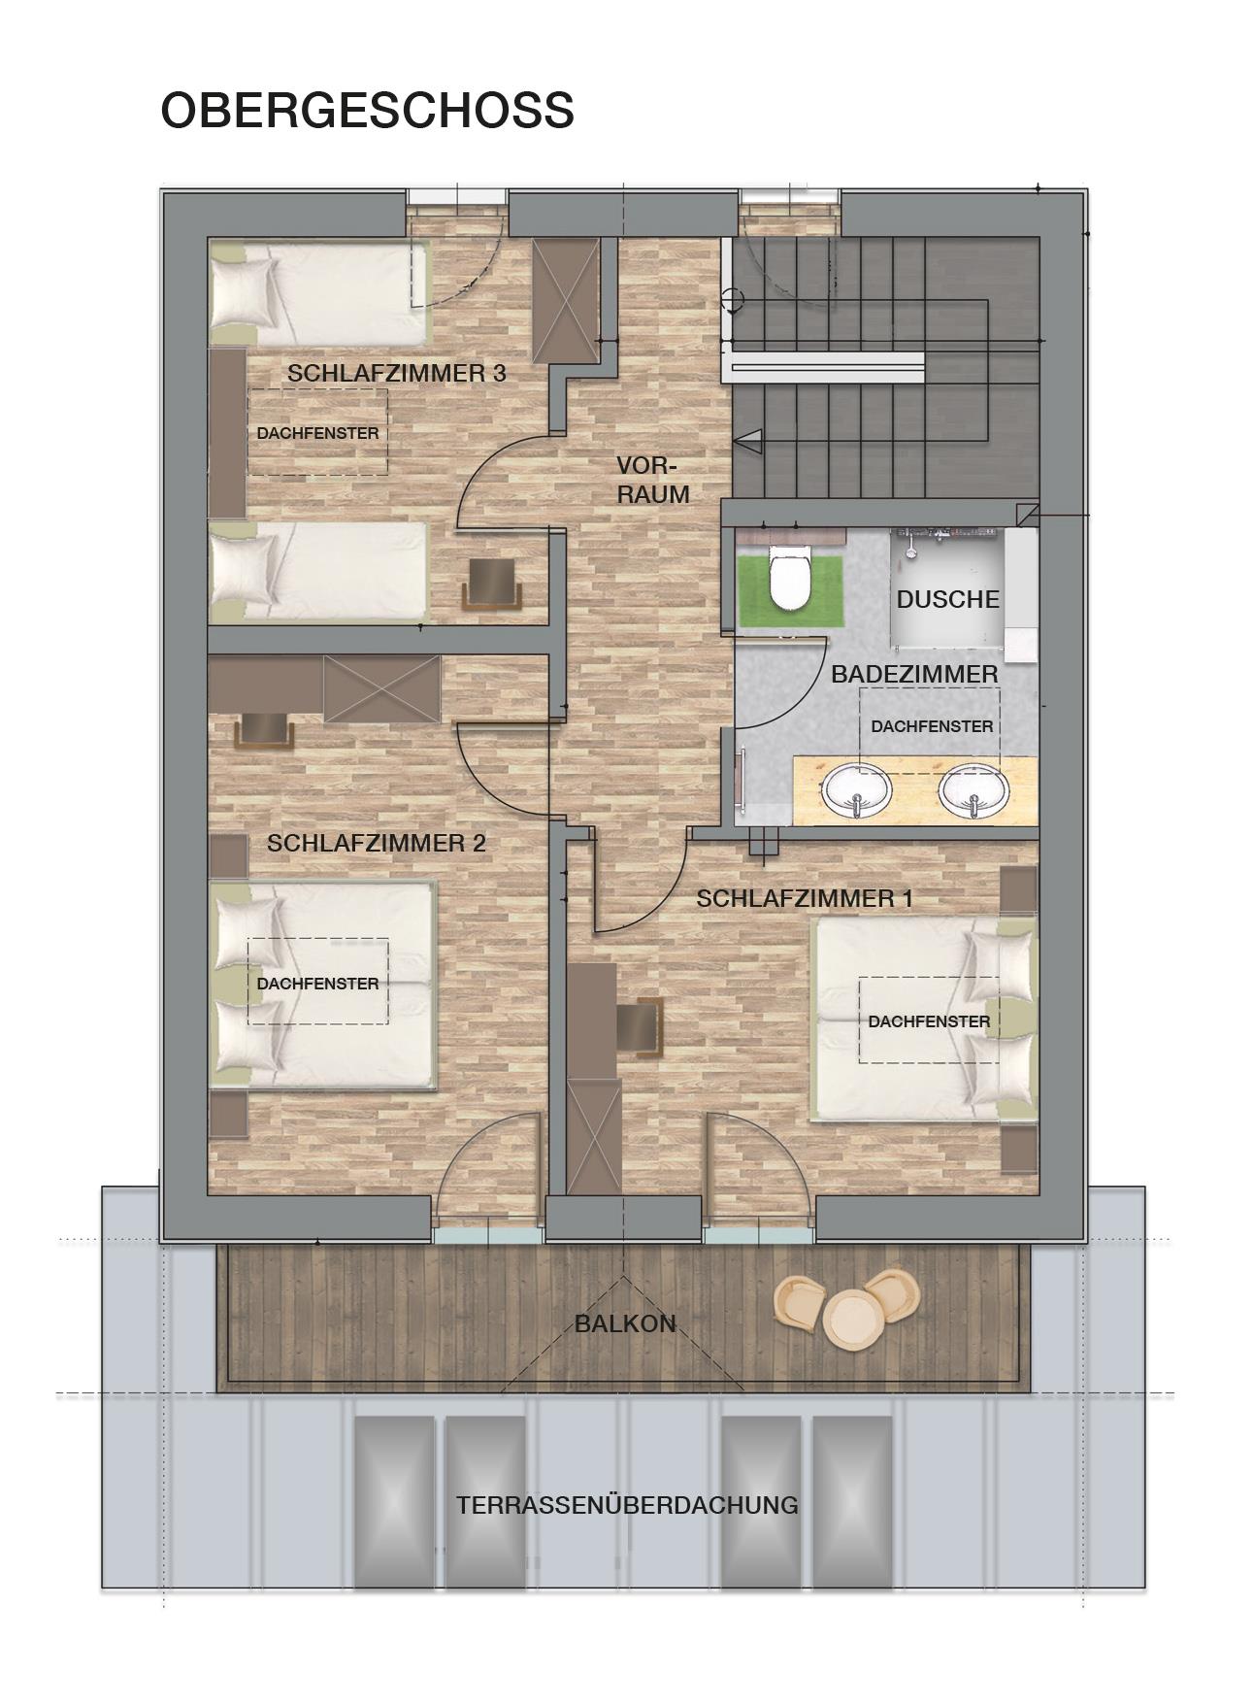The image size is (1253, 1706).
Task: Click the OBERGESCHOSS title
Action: tap(367, 111)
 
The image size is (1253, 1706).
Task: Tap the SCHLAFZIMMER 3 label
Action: tap(397, 374)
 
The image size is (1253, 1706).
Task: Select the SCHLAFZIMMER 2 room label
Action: tap(377, 843)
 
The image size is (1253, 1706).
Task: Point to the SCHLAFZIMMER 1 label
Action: tap(805, 899)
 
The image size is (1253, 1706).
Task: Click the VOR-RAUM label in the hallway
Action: tap(653, 480)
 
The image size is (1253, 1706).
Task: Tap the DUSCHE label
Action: tap(948, 599)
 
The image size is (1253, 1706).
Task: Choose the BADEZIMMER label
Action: tap(914, 674)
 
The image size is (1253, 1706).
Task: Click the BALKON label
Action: tap(625, 1323)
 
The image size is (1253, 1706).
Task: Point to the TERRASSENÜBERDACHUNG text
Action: tap(627, 1505)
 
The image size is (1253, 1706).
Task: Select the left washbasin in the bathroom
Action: tap(856, 788)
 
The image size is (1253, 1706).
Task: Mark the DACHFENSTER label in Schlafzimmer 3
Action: tap(317, 433)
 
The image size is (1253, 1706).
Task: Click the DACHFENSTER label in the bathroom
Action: tap(932, 726)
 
